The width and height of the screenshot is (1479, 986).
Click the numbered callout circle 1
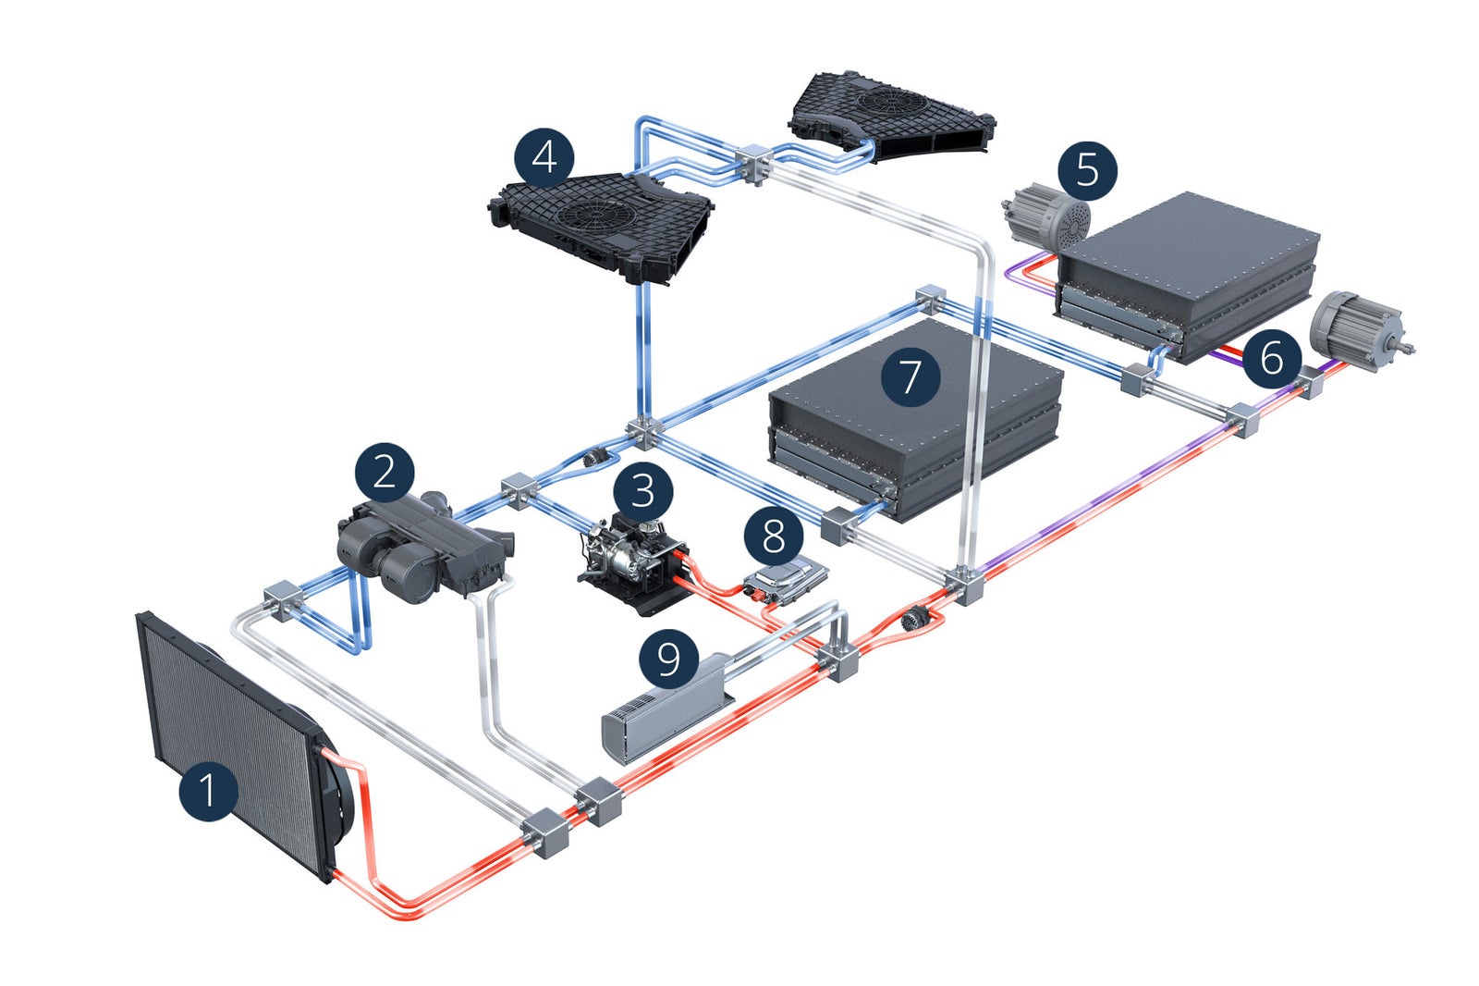point(208,791)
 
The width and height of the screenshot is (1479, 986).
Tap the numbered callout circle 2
point(385,473)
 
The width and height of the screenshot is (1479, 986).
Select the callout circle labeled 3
point(643,490)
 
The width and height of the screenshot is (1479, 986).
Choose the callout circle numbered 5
point(1087,171)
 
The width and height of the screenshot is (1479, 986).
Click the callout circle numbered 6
point(1272,357)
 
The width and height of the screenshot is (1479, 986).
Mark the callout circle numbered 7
point(911,376)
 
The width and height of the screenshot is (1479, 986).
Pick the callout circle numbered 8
point(773,536)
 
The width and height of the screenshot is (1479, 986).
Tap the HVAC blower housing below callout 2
point(421,550)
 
